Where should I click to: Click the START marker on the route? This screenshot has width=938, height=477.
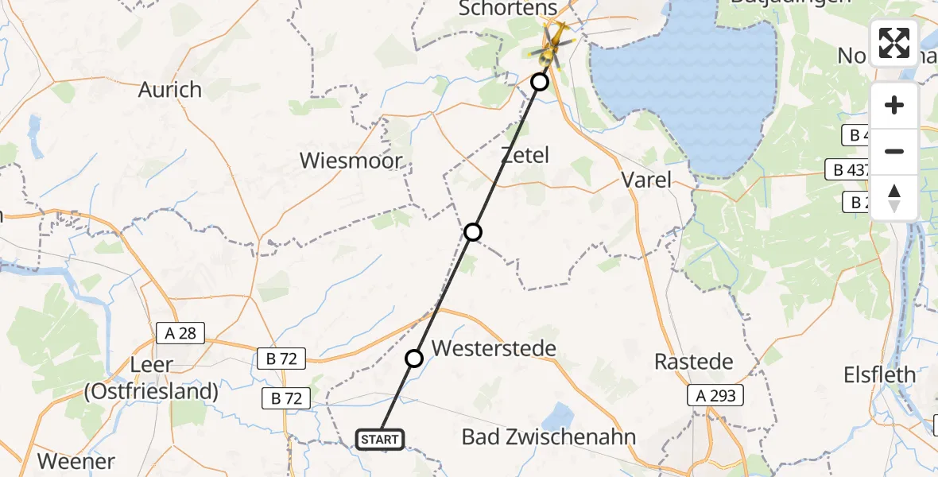(x=381, y=439)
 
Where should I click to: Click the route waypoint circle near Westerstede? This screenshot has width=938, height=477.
(x=414, y=359)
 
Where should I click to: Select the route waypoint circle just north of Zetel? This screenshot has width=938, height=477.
(x=540, y=82)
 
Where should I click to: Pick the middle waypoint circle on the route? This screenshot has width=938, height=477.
(x=473, y=232)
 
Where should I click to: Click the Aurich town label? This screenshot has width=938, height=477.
(x=170, y=90)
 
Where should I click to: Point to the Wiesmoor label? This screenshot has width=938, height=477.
(x=351, y=161)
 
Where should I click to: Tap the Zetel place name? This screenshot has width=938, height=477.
(x=525, y=155)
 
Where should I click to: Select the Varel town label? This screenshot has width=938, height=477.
(x=646, y=180)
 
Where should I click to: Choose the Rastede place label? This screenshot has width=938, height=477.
(x=693, y=362)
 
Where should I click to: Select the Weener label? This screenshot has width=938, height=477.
(x=76, y=461)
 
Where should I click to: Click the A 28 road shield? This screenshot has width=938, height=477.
(x=181, y=334)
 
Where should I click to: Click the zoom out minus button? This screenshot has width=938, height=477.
(x=894, y=151)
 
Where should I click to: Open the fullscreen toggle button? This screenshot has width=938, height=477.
(x=894, y=43)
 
